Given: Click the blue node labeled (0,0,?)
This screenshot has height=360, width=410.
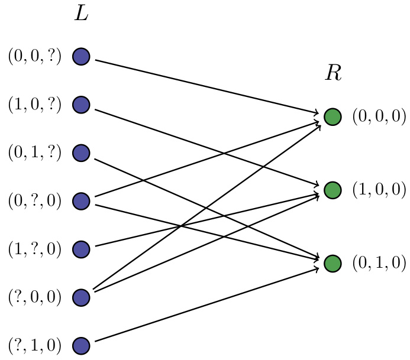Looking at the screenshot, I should [81, 57].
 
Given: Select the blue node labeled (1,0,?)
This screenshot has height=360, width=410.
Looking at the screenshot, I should [81, 105].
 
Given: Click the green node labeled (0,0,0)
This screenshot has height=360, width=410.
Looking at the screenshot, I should [332, 117].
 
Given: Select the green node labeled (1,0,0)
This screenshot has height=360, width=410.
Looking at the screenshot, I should [332, 190].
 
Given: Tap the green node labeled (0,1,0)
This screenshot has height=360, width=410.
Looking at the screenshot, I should [332, 263].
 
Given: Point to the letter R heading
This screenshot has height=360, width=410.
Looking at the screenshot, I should [333, 74].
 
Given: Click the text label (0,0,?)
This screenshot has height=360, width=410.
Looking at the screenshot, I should [34, 57].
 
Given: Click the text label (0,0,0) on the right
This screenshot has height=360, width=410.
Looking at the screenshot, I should [379, 117].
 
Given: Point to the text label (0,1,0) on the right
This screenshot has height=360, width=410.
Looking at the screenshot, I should [379, 263].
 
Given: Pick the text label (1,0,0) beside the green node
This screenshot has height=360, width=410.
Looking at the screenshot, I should [379, 190].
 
